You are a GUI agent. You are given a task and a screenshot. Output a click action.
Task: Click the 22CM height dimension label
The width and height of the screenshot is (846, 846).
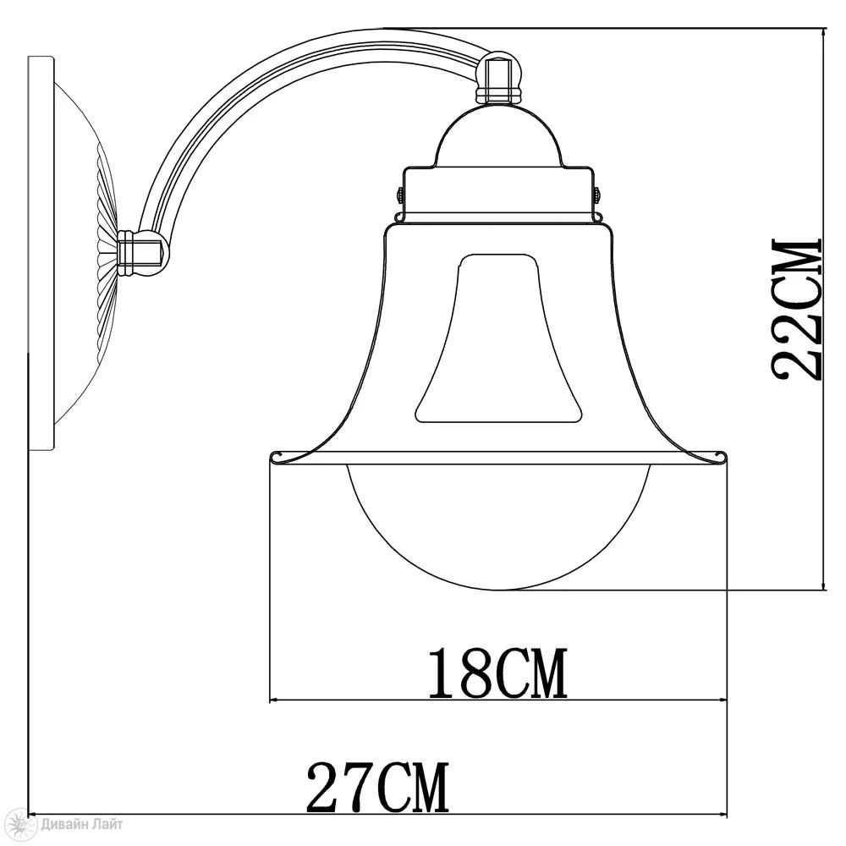pos(796,309)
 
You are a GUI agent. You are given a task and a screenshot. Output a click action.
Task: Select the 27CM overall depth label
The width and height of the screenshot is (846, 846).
pos(377,787)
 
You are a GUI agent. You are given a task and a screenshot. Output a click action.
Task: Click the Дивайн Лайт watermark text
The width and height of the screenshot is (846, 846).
pos(82,824)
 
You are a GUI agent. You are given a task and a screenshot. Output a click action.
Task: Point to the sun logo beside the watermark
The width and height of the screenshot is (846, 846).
pos(23,824)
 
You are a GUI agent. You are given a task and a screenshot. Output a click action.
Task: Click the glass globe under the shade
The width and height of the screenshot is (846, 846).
pos(499,526)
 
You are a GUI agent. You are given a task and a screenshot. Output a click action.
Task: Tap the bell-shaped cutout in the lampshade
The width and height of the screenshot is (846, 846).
pos(498,338)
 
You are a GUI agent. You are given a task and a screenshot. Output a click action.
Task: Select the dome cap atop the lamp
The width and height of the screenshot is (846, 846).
pos(499,136)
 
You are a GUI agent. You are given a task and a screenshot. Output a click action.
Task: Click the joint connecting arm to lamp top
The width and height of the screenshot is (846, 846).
pos(499,77)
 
